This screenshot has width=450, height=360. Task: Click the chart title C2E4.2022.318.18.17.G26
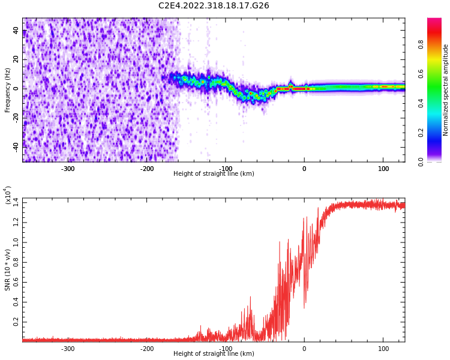tap(214, 6)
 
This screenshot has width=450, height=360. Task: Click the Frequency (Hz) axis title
tap(8, 90)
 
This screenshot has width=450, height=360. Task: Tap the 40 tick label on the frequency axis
tap(16, 31)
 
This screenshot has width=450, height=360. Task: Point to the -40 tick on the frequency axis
tap(15, 145)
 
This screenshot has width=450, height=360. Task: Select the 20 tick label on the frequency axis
tap(16, 59)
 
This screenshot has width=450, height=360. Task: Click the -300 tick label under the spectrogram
tap(68, 168)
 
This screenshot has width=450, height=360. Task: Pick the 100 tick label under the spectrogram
tap(383, 168)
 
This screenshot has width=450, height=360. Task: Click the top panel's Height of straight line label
tap(214, 174)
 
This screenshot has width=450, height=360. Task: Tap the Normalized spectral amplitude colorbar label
tap(446, 90)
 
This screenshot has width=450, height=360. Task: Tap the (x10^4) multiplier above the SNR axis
tap(8, 195)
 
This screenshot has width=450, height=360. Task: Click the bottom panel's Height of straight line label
tap(214, 354)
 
